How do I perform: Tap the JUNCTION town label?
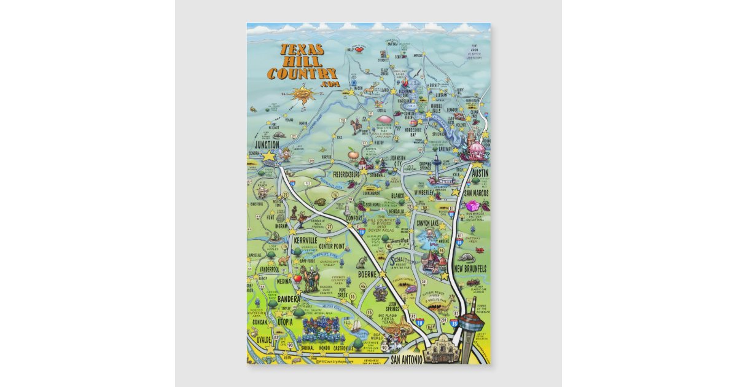tap(267, 144)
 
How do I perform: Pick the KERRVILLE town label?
tap(305, 239)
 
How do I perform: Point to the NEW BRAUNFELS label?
tap(471, 269)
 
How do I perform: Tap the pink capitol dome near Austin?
tap(476, 148)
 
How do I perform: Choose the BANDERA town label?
tap(289, 299)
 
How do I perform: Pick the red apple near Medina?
tap(298, 278)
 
